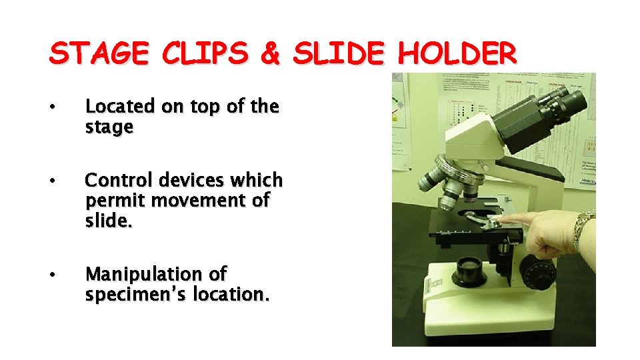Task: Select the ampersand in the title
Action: tap(270, 54)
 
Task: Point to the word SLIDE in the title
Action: tap(339, 54)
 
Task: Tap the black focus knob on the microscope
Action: tap(536, 270)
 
